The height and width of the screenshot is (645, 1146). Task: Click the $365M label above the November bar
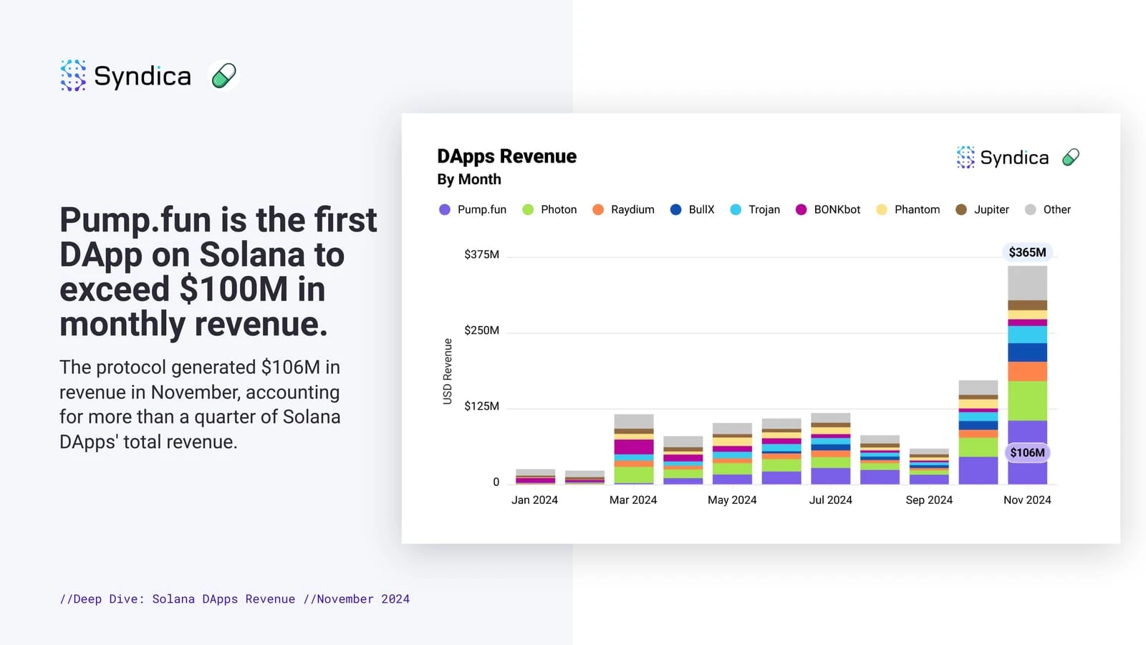point(1027,252)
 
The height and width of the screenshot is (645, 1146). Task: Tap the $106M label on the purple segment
point(1027,453)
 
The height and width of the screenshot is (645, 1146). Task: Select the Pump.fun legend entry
point(473,209)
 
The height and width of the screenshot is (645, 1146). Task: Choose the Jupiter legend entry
point(983,209)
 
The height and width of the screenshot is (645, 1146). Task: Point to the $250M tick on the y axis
point(481,330)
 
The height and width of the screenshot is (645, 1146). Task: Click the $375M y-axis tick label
point(481,254)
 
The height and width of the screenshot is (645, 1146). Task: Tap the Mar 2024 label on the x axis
point(633,500)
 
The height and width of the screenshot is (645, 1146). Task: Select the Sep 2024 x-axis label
point(929,500)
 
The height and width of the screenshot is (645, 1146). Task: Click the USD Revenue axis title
point(448,371)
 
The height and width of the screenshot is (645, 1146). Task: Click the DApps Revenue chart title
point(506,156)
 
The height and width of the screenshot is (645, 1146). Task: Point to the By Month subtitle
point(469,179)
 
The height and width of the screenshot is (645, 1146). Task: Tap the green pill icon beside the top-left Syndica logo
point(223,75)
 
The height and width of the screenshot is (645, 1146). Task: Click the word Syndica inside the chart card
point(1014,158)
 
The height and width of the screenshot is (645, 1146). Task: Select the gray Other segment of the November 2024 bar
point(1027,282)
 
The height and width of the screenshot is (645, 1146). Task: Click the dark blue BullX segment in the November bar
point(1027,352)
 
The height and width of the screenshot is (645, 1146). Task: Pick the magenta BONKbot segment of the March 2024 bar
point(633,446)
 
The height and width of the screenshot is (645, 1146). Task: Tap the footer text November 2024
point(363,599)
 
